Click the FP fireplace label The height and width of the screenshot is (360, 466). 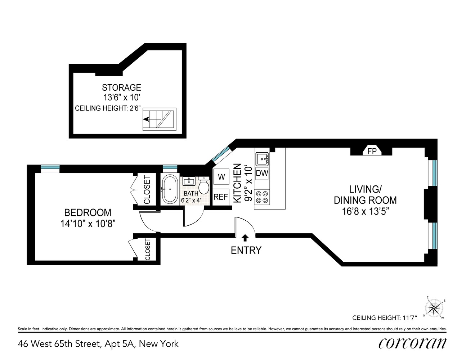click(x=372, y=151)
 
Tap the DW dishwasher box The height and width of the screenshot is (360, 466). click(x=262, y=173)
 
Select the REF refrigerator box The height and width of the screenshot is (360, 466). click(x=221, y=197)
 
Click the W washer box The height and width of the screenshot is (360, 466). click(x=221, y=177)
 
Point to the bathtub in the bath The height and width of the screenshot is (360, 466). click(x=169, y=189)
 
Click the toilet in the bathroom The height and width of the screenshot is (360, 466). click(x=203, y=186)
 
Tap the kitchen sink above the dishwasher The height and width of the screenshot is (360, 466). click(x=262, y=158)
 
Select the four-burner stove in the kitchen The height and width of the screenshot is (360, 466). click(x=262, y=197)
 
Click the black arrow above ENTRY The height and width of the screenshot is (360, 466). click(x=245, y=237)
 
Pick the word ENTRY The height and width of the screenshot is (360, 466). click(x=246, y=250)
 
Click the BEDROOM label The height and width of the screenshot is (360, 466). click(x=88, y=212)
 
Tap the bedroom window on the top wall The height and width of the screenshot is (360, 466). click(x=50, y=167)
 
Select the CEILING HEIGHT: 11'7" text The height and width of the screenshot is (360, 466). click(x=384, y=318)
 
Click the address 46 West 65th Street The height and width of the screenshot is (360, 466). click(x=59, y=344)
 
